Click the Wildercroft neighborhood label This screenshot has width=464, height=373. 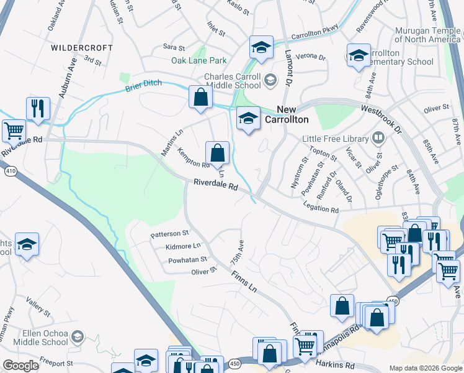[x=82, y=48]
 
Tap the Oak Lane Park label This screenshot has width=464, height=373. [x=199, y=61]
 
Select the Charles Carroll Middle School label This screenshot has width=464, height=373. [x=233, y=82]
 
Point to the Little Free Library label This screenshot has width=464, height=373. [x=336, y=139]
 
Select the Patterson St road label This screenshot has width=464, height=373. [x=169, y=234]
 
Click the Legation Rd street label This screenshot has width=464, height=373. [x=321, y=211]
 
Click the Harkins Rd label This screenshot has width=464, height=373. [x=334, y=365]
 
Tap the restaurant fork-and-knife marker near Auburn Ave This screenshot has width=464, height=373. [x=38, y=108]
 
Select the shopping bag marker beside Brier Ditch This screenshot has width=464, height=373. [x=200, y=97]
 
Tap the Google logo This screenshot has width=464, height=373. [x=20, y=366]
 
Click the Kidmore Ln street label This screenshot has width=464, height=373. [x=183, y=247]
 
